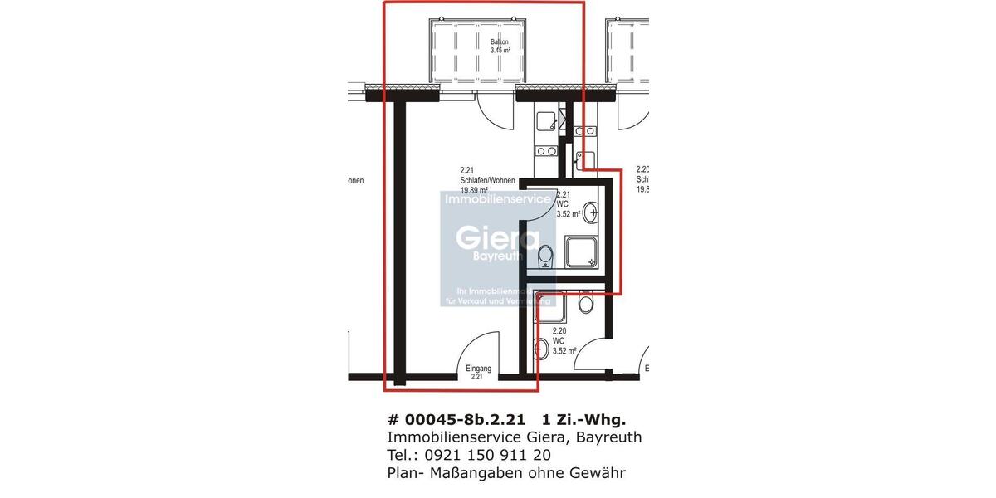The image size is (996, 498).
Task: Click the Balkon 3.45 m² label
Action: (499, 46)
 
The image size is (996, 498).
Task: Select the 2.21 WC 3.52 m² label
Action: (568, 204)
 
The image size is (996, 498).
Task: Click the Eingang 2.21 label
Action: (478, 372)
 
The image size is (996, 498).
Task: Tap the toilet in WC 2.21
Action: (546, 260)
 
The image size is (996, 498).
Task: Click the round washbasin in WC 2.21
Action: (591, 213)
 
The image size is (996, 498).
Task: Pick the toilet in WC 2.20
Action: (587, 303)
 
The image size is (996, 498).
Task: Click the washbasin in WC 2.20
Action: (540, 349)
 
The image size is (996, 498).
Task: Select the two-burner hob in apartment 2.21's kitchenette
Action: (546, 151)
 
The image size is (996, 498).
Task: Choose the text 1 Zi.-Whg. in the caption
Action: (584, 420)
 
